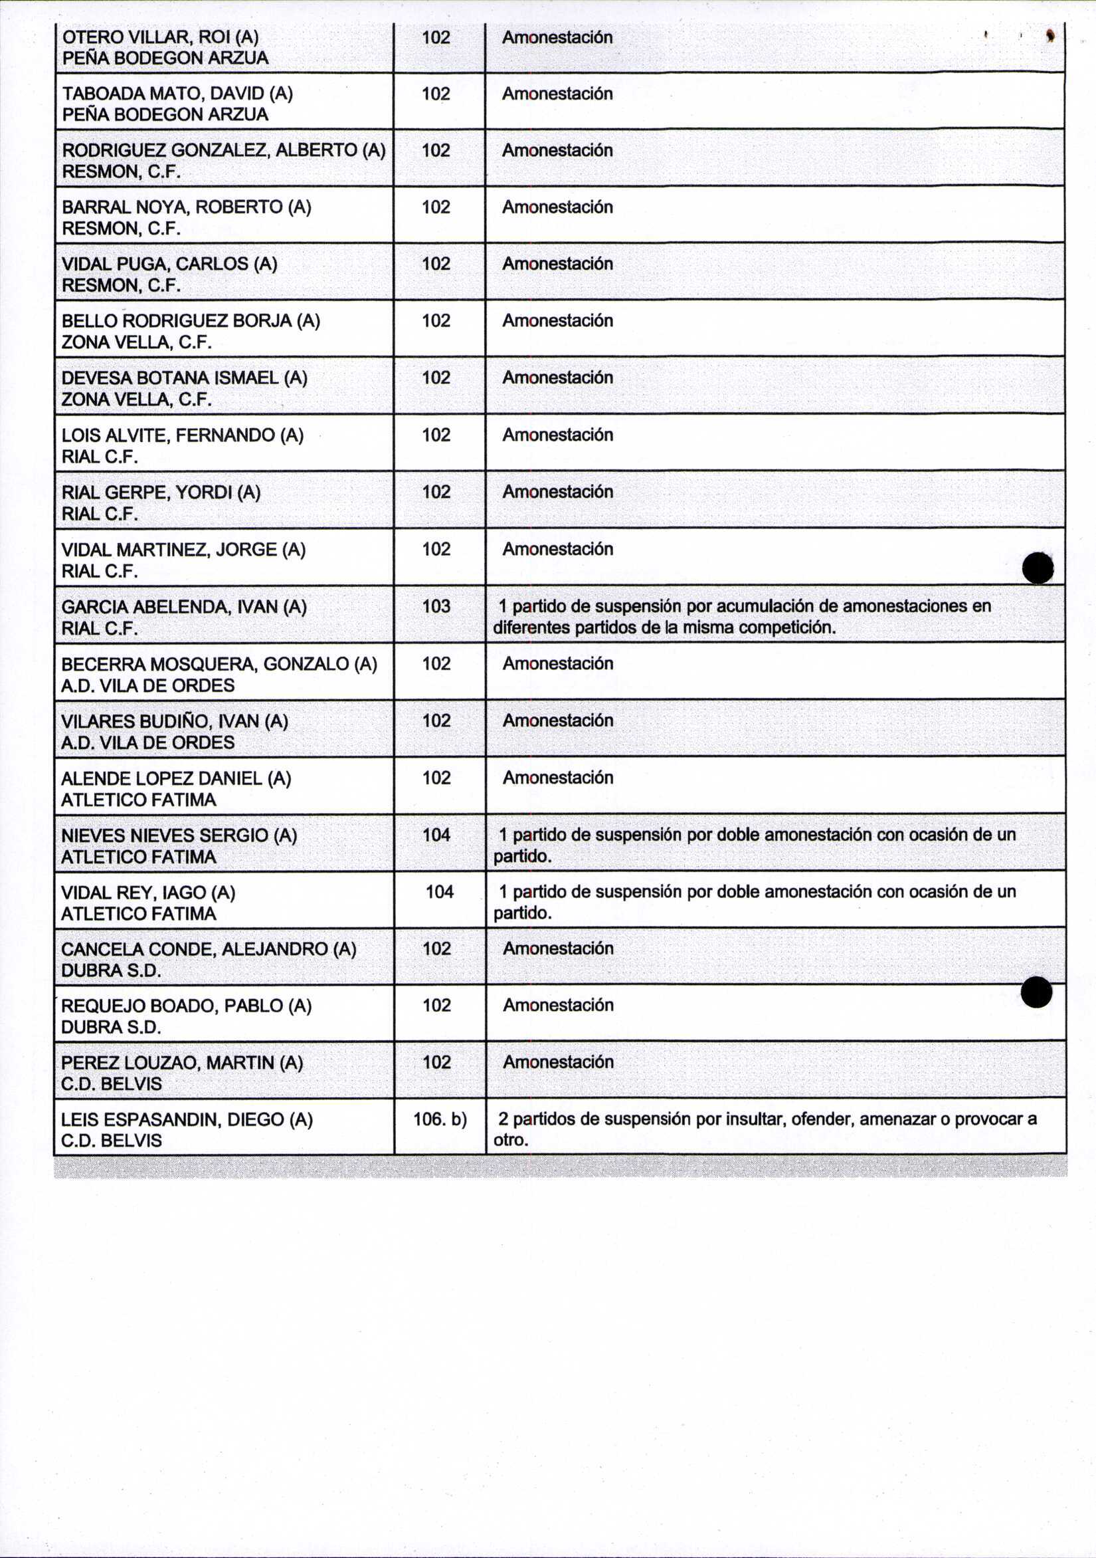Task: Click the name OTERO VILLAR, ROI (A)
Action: tap(160, 37)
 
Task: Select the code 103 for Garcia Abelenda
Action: tap(436, 606)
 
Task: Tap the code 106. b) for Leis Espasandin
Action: tap(440, 1119)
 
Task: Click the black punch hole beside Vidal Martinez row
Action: tap(1038, 567)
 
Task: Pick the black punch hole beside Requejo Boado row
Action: tap(1036, 992)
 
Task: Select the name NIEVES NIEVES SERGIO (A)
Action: tap(179, 835)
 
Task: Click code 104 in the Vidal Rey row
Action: tap(440, 891)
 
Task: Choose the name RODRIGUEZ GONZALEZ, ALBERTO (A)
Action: tap(223, 150)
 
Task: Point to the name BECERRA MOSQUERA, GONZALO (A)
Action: tap(219, 663)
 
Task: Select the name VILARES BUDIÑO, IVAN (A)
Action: tap(174, 721)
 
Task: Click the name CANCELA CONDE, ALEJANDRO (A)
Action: tap(208, 948)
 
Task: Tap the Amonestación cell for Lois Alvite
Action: tap(557, 435)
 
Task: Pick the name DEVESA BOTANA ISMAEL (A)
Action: tap(184, 378)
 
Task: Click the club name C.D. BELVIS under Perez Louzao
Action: tap(111, 1083)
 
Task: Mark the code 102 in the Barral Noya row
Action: tap(436, 207)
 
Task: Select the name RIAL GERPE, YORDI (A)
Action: tap(161, 492)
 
